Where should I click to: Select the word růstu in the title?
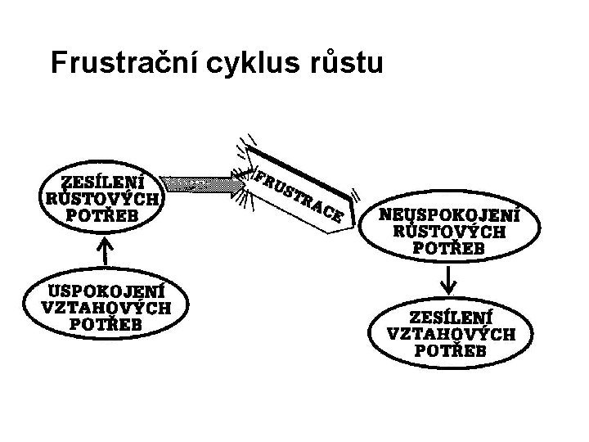coord(343,63)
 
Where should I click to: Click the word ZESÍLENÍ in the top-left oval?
coord(103,182)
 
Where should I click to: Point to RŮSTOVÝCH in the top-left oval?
coord(102,199)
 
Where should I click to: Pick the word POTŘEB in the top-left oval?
coord(103,215)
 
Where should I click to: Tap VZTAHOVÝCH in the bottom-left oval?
coord(106,308)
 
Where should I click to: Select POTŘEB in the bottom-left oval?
coord(106,324)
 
